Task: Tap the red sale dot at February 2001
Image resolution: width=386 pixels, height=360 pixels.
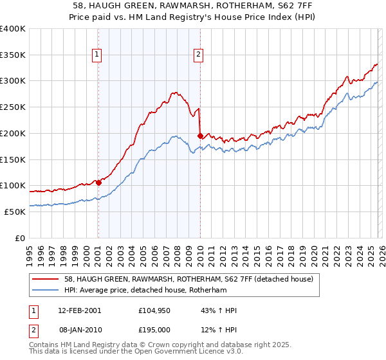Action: tap(98, 183)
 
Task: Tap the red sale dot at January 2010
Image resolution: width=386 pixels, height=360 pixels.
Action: tap(200, 136)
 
